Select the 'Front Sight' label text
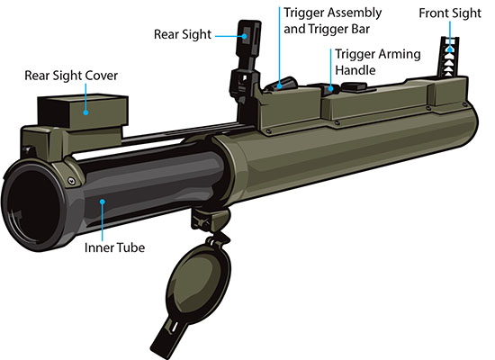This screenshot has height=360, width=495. tap(447, 13)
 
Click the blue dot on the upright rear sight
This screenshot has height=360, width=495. tap(245, 34)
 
